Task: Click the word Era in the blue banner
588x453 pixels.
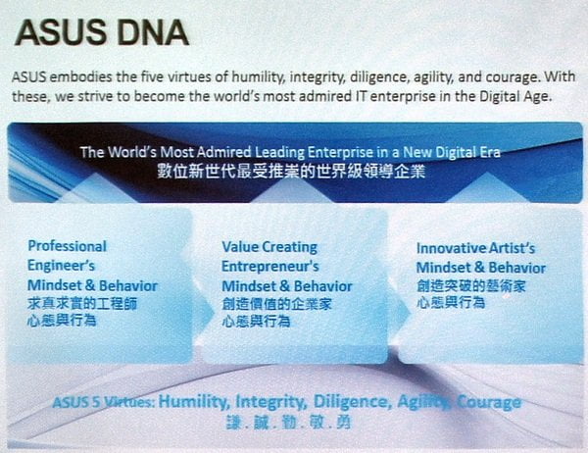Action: pyautogui.click(x=489, y=152)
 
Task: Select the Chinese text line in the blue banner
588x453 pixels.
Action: pyautogui.click(x=291, y=172)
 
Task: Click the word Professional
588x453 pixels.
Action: pyautogui.click(x=68, y=246)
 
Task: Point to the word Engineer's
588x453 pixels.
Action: pyautogui.click(x=61, y=266)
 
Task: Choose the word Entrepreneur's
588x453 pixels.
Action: pyautogui.click(x=270, y=267)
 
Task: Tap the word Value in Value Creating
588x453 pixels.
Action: pyautogui.click(x=239, y=247)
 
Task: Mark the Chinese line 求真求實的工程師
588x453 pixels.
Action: pyautogui.click(x=82, y=303)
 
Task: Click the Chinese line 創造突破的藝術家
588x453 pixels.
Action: pyautogui.click(x=471, y=286)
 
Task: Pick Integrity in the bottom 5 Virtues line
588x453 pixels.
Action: pyautogui.click(x=271, y=402)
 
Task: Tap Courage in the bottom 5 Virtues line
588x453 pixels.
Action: pyautogui.click(x=489, y=403)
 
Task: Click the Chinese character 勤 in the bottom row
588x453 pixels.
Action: pyautogui.click(x=290, y=423)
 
